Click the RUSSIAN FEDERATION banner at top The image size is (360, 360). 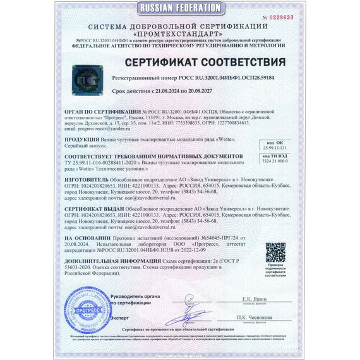click(179, 8)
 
